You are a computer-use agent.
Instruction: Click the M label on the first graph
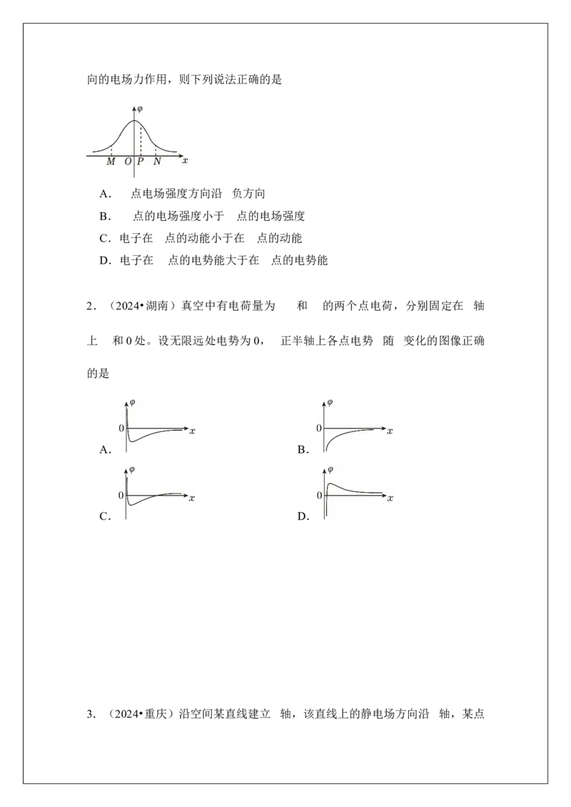click(111, 162)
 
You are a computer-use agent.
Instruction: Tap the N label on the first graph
click(157, 162)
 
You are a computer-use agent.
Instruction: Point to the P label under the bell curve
click(140, 162)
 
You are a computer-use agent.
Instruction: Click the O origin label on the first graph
click(128, 162)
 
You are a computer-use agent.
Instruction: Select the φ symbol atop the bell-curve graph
click(140, 109)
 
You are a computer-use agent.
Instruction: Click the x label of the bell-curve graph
click(186, 160)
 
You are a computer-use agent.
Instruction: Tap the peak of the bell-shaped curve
click(134, 120)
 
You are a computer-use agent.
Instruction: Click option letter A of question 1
click(103, 194)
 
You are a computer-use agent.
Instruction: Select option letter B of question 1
click(103, 216)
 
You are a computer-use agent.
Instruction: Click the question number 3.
click(90, 714)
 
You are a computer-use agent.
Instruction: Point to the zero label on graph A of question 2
click(121, 428)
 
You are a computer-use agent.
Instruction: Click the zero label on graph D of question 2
click(320, 495)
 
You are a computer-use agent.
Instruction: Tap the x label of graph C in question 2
click(192, 498)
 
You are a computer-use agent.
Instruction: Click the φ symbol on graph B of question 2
click(330, 403)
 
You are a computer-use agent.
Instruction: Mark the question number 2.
click(90, 307)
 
